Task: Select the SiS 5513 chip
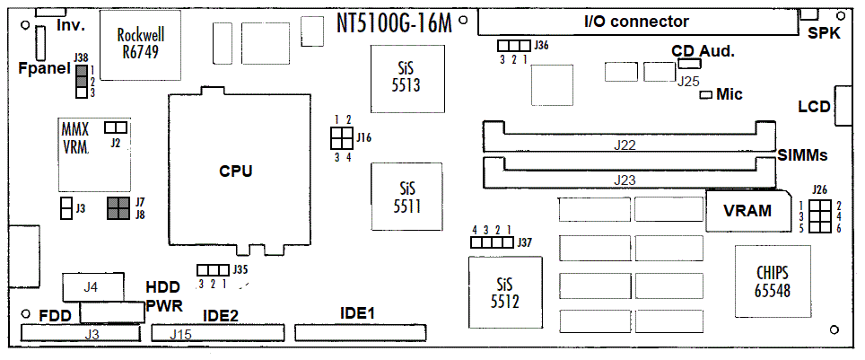(x=407, y=77)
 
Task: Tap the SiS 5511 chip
(x=407, y=197)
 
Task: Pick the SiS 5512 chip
(x=504, y=293)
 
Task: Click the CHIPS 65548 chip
(x=773, y=282)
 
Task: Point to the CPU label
(x=236, y=171)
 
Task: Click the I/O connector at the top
(x=638, y=23)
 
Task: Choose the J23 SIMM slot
(x=628, y=173)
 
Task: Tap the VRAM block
(x=747, y=210)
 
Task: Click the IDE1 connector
(x=360, y=332)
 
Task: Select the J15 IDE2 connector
(x=218, y=333)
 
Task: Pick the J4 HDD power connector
(x=93, y=287)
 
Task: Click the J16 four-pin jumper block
(x=342, y=138)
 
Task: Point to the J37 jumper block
(x=492, y=242)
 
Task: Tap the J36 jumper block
(x=513, y=45)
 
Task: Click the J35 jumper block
(x=213, y=270)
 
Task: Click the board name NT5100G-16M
(x=394, y=23)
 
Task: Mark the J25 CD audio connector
(x=686, y=63)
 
